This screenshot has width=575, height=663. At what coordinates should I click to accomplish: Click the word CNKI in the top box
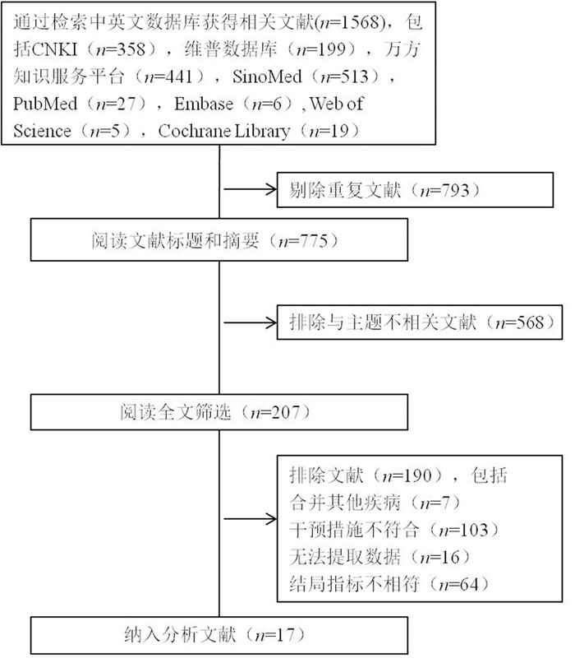tap(54, 49)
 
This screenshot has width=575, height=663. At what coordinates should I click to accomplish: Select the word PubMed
tap(45, 104)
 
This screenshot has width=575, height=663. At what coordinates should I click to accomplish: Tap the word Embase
tap(204, 104)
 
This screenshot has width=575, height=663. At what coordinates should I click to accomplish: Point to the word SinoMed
tap(267, 76)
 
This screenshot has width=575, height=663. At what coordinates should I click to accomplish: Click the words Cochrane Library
tap(224, 131)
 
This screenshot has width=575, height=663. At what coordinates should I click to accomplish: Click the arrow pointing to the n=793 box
tap(250, 189)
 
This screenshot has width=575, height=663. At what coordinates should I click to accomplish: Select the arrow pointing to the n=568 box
tap(250, 323)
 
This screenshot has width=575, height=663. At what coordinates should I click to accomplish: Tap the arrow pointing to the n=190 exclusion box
tap(250, 519)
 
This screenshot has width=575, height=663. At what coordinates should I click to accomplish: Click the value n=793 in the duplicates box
tap(444, 191)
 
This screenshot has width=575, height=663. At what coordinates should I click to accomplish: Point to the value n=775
tap(303, 241)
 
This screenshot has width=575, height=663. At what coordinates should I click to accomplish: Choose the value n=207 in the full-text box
tap(275, 412)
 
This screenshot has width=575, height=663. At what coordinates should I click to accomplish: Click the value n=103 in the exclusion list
tap(463, 530)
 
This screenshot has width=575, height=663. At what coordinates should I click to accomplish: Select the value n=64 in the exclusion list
tap(458, 584)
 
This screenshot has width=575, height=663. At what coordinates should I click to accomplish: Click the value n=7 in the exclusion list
tap(435, 503)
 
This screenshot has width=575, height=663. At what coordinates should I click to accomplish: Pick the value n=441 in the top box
tap(168, 76)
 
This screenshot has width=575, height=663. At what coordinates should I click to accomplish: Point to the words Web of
tap(337, 104)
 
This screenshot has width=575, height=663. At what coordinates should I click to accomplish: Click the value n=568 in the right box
tap(520, 323)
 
